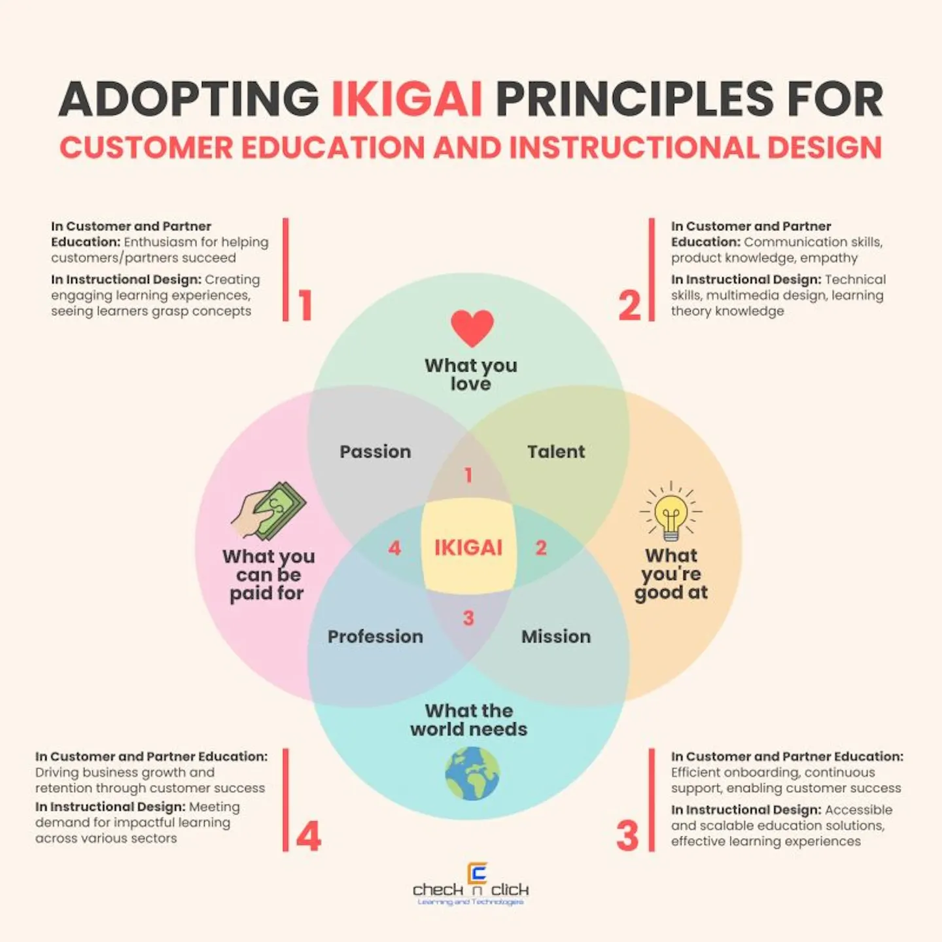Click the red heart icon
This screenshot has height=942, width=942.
point(472,328)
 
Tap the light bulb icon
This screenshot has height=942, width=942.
point(671,514)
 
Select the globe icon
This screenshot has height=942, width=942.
point(472,774)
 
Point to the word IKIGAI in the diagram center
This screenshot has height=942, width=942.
point(468,548)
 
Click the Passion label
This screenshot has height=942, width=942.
point(375,451)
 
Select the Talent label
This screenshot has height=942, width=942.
point(556,451)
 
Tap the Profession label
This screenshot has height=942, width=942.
point(375,637)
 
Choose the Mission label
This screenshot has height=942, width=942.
point(556,637)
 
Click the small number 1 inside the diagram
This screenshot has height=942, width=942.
point(468,475)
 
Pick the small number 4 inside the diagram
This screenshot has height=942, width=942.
point(394,548)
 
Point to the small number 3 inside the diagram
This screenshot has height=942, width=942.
point(468,618)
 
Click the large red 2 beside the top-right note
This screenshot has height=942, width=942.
point(630,305)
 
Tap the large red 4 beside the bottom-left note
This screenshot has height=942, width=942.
point(309,836)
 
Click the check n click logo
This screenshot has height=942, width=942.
point(471,886)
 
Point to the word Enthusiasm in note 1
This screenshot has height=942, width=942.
point(160,242)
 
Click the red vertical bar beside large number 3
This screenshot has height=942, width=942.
point(652,800)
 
